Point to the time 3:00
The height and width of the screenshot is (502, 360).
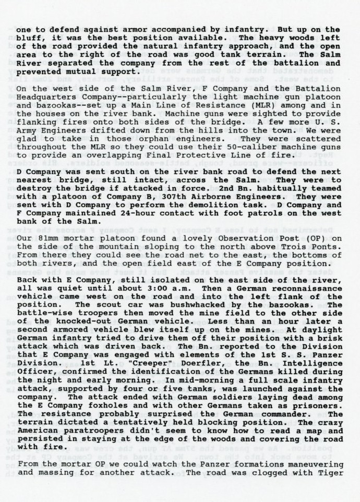(x=163, y=288)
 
